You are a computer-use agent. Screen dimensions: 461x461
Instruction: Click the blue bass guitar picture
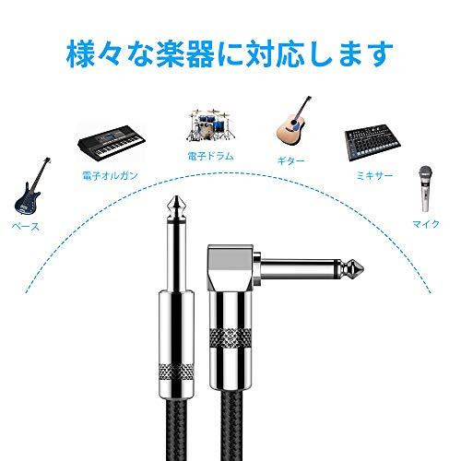28,188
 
